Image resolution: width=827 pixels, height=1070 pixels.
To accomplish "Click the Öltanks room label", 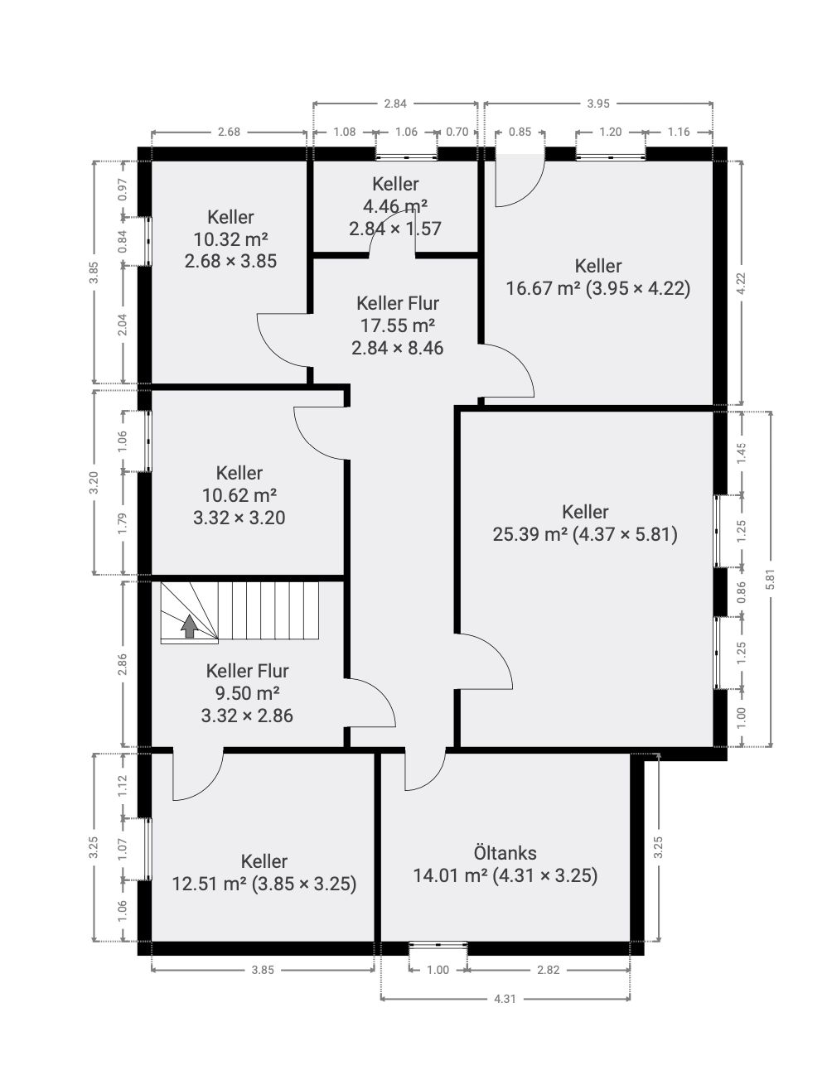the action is coord(505,853).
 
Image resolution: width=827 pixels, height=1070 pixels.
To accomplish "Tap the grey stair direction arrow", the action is coord(189,626).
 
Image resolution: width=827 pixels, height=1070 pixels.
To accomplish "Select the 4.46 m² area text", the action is coord(395,206).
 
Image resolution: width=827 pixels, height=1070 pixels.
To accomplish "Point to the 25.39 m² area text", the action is coord(530,534).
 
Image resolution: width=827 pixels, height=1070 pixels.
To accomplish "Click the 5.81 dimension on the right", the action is coord(771,579).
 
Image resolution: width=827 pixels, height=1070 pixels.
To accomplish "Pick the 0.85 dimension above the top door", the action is coord(520,132).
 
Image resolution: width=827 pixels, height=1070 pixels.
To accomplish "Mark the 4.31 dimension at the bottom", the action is coord(505,999).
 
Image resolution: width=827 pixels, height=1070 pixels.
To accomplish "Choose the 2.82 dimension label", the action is coord(548,970).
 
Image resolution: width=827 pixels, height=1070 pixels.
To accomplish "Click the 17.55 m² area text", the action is coord(398,325).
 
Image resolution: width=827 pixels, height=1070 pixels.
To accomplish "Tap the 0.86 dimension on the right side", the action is coord(742,592).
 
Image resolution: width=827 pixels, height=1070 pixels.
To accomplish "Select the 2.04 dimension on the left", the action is coord(123,325).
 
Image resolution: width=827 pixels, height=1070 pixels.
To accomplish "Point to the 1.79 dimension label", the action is coord(123,523).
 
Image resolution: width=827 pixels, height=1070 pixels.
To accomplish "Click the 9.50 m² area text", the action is coord(247,693).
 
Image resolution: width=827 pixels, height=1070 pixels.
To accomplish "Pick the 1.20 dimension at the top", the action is coord(610,132).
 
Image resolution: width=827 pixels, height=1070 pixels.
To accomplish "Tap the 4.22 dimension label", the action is coord(742,283).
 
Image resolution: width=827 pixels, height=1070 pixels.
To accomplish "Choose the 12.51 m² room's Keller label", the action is coord(264,861).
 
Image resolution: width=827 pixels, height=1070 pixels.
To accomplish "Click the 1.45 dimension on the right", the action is coord(742,453).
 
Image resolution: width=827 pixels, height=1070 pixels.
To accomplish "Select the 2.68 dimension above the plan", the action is coord(229,132).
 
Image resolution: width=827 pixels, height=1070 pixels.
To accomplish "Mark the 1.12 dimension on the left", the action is coord(123,786).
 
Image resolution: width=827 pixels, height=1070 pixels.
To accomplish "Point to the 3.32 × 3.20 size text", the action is coord(239,518).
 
